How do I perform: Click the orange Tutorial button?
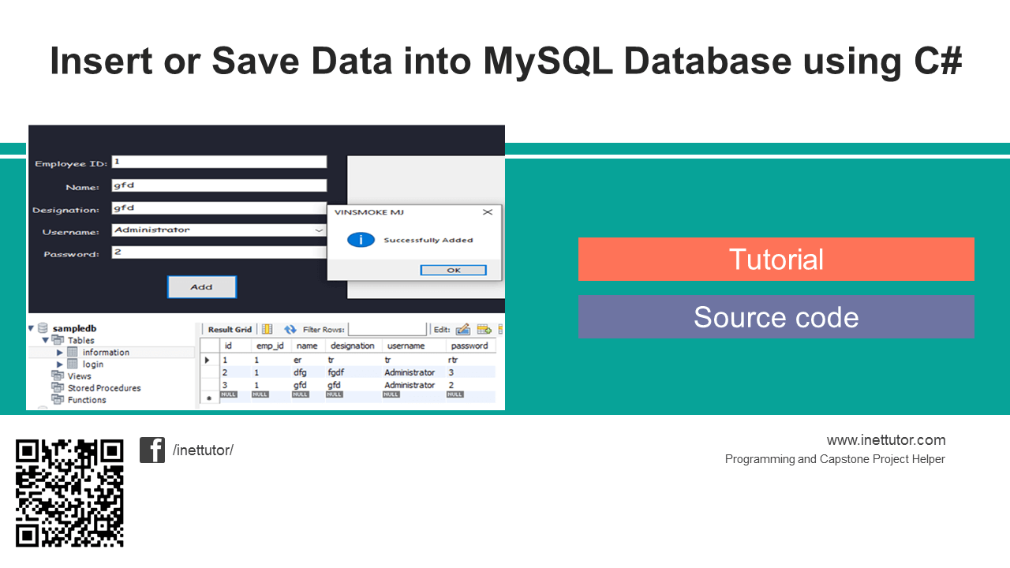coord(776,260)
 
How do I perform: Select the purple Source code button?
coord(776,317)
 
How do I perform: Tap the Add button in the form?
coord(201,287)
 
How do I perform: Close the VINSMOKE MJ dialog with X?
coord(488,212)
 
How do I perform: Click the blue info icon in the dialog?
coord(361,240)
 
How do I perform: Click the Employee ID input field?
coord(219,162)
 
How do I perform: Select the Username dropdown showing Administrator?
coord(219,230)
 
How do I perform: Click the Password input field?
coord(219,252)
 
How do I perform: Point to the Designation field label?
coord(65,210)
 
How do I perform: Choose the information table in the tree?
coord(105,353)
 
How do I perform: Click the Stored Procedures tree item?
coord(103,388)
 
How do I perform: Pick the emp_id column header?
coord(270,346)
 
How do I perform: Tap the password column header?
coord(469,346)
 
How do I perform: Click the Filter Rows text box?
coord(387,329)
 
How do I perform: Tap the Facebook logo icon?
coord(152,450)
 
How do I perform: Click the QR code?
coord(69,493)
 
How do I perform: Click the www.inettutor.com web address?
coord(885,440)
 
